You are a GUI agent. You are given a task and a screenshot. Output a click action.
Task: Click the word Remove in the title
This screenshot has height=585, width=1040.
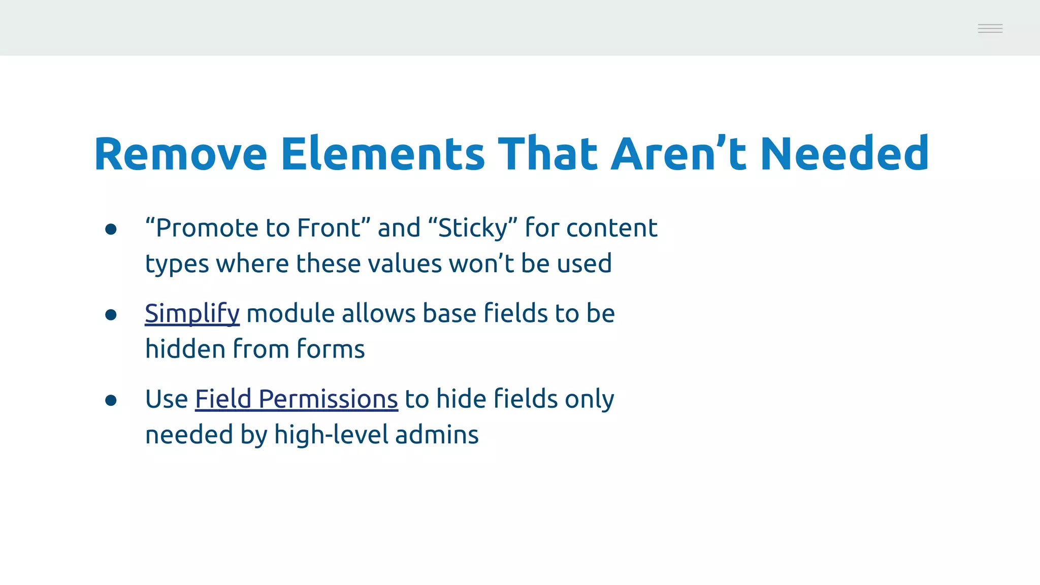(x=180, y=154)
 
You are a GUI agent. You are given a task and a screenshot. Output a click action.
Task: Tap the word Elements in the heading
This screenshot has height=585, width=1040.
(x=383, y=154)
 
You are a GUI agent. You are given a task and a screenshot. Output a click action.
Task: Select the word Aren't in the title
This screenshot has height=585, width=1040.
(x=678, y=154)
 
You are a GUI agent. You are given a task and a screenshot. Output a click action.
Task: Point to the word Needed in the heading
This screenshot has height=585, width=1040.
(x=844, y=154)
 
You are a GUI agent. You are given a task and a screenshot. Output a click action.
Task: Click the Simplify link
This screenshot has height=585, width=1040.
(x=192, y=313)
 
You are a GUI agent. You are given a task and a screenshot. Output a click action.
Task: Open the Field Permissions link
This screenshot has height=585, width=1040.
(x=296, y=399)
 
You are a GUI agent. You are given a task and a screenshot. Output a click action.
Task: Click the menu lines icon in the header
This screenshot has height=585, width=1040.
(x=990, y=28)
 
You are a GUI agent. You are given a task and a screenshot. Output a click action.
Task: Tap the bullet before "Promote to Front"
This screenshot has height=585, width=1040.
(x=111, y=229)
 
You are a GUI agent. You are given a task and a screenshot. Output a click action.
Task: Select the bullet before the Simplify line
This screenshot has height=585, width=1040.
(x=111, y=315)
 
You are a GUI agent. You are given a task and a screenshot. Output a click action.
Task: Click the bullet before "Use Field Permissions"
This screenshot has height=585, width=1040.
(x=111, y=401)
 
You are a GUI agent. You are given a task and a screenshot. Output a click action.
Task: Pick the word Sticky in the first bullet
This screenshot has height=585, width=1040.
(x=472, y=228)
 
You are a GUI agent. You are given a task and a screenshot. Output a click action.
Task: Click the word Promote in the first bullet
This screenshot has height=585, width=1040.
(x=208, y=228)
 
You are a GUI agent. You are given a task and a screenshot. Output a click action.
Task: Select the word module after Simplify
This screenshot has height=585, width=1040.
(x=290, y=313)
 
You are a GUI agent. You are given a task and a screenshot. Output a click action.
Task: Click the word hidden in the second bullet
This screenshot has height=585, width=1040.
(x=185, y=349)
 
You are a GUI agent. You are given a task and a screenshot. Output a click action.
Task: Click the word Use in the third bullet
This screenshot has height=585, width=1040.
(x=166, y=399)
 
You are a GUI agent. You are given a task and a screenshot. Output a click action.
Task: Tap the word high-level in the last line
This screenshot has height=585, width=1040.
(x=331, y=435)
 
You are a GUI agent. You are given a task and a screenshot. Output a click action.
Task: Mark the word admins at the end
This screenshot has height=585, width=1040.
(x=437, y=435)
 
